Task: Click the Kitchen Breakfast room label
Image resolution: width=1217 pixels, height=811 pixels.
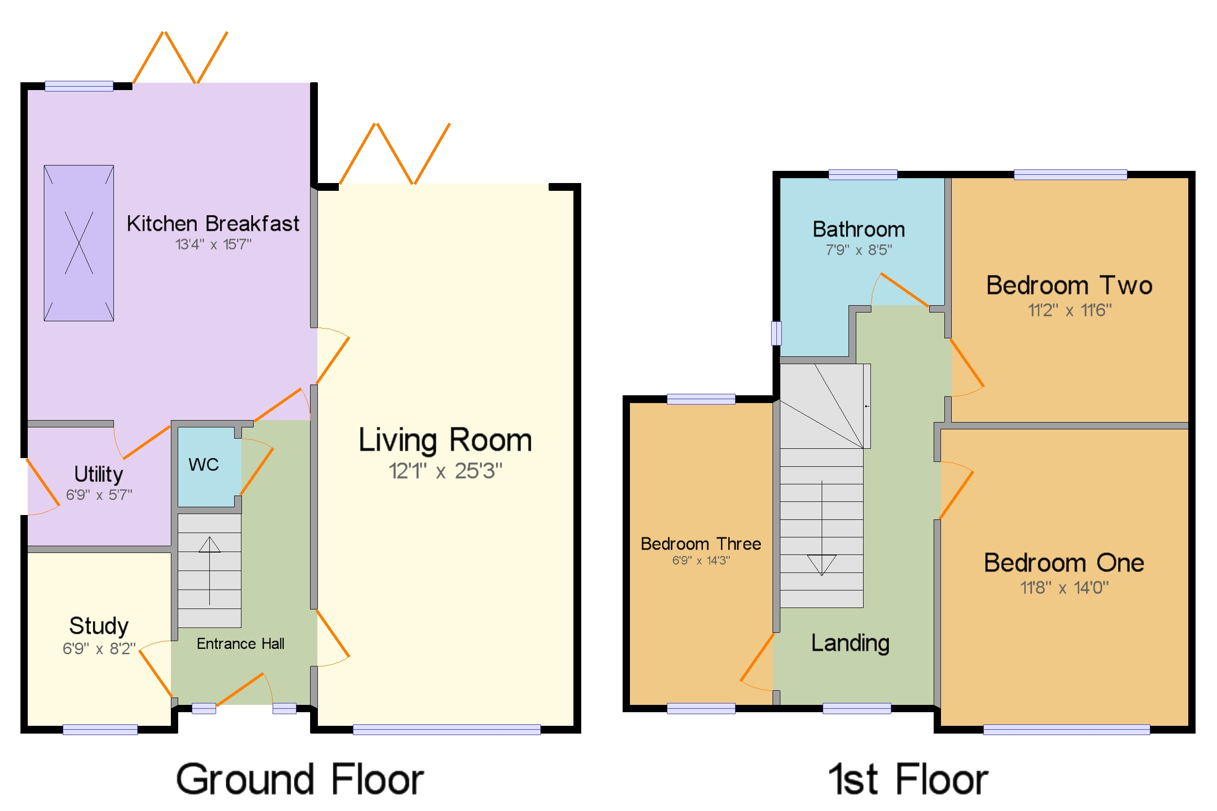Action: [x=213, y=224]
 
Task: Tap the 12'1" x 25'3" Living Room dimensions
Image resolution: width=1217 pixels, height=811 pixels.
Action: [x=445, y=471]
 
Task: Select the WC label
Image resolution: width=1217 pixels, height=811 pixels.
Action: [x=204, y=464]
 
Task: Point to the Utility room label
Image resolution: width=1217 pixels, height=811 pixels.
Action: [x=99, y=474]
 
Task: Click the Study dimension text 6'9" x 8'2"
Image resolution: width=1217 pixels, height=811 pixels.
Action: [x=99, y=648]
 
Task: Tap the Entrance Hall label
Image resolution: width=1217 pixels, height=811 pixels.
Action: [x=240, y=644]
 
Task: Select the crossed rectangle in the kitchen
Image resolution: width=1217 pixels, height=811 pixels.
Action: [x=78, y=243]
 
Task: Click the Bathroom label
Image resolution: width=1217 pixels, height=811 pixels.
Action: [x=859, y=229]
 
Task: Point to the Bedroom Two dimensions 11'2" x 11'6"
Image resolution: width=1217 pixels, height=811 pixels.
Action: [x=1069, y=311]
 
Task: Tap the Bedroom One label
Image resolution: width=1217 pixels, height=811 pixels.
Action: [x=1064, y=563]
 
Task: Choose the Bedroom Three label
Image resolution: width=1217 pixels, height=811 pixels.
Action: [x=701, y=544]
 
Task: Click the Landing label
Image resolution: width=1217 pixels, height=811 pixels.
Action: [x=850, y=644]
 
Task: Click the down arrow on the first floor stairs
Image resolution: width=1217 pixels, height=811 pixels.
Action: [x=821, y=528]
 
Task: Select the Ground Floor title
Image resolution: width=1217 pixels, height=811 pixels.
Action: [x=300, y=779]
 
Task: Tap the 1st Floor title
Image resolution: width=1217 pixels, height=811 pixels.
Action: [x=908, y=779]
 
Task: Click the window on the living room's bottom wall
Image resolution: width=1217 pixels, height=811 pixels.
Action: [x=447, y=729]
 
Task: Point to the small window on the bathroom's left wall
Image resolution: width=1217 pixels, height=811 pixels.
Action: [x=776, y=333]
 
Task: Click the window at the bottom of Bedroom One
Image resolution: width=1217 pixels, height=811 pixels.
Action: [x=1067, y=729]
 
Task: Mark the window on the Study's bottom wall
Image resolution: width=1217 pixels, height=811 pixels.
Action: [x=100, y=729]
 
